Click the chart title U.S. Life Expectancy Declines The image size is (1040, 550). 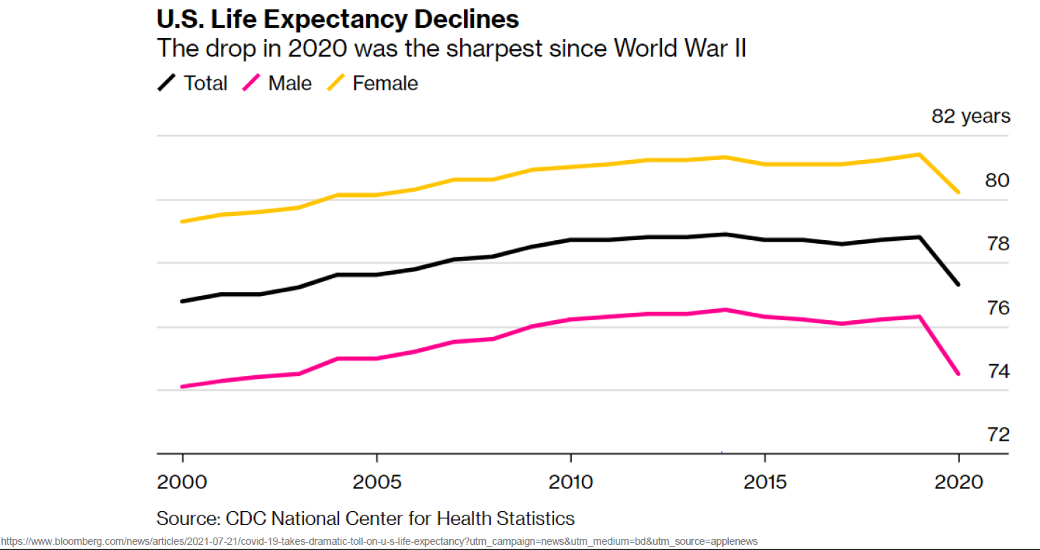click(338, 18)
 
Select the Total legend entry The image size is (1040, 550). click(193, 83)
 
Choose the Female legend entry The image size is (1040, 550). click(371, 83)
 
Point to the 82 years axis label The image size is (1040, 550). click(970, 116)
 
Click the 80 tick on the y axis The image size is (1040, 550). click(996, 180)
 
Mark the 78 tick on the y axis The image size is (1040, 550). click(996, 243)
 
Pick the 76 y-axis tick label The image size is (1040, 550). click(996, 307)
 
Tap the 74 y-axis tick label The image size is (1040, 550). click(996, 371)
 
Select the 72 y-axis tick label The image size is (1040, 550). click(996, 434)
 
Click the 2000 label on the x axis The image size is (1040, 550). click(181, 482)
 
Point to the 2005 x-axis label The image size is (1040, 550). click(376, 482)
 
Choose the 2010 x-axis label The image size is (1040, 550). click(570, 482)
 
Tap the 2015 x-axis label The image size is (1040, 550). click(765, 482)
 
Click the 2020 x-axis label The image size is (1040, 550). click(959, 482)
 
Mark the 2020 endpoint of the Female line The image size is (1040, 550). click(959, 192)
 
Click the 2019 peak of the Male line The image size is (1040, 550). click(920, 316)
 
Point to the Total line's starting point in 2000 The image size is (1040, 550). click(181, 301)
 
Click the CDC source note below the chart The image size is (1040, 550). click(366, 518)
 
